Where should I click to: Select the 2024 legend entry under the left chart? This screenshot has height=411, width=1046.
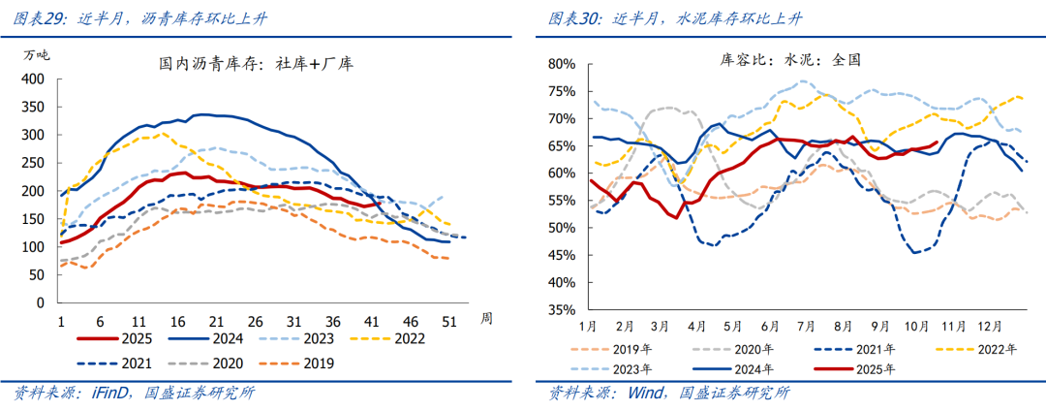[x=224, y=339]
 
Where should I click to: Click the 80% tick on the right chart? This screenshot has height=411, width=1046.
[x=562, y=64]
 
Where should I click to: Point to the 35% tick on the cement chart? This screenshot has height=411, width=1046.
[x=562, y=311]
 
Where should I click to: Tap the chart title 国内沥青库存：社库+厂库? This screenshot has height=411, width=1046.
[x=256, y=65]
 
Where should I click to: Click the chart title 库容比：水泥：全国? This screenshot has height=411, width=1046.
[x=790, y=59]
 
